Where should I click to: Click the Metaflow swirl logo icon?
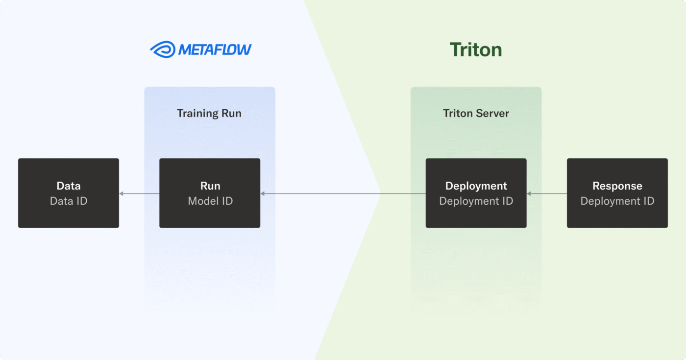coord(162,49)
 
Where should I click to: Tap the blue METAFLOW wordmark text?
coord(215,49)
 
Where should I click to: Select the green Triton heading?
coord(476,50)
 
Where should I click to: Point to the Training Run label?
coord(209,113)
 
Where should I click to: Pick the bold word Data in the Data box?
coord(69,186)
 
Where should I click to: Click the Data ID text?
coord(69,201)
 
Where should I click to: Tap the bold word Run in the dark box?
coord(210,186)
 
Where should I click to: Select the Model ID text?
coord(210,201)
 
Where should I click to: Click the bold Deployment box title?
coord(476,186)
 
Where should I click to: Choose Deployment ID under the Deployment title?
coord(476,201)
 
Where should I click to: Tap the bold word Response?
coord(617,186)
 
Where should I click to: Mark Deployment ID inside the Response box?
coord(617,201)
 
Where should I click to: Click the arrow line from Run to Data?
coord(140,194)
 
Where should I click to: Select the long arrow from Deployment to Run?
coord(343,194)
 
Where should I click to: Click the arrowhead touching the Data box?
coord(122,194)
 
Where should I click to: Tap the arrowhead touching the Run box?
coord(263,194)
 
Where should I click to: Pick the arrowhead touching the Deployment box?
coord(529,194)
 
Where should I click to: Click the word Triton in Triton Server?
coord(458,113)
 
